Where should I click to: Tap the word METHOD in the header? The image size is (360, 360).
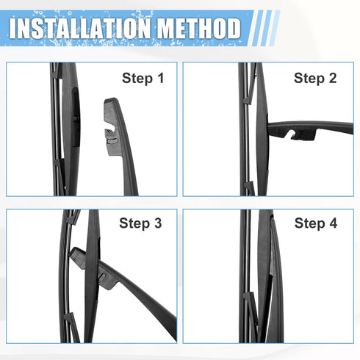tap(196, 29)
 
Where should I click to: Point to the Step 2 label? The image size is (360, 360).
tap(316, 77)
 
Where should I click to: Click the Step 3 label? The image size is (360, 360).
tap(141, 223)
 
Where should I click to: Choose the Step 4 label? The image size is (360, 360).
tap(316, 223)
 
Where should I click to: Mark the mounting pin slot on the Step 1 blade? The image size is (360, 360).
tap(76, 103)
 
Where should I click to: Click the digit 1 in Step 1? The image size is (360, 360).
tap(159, 77)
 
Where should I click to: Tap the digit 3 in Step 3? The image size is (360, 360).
tap(159, 223)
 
